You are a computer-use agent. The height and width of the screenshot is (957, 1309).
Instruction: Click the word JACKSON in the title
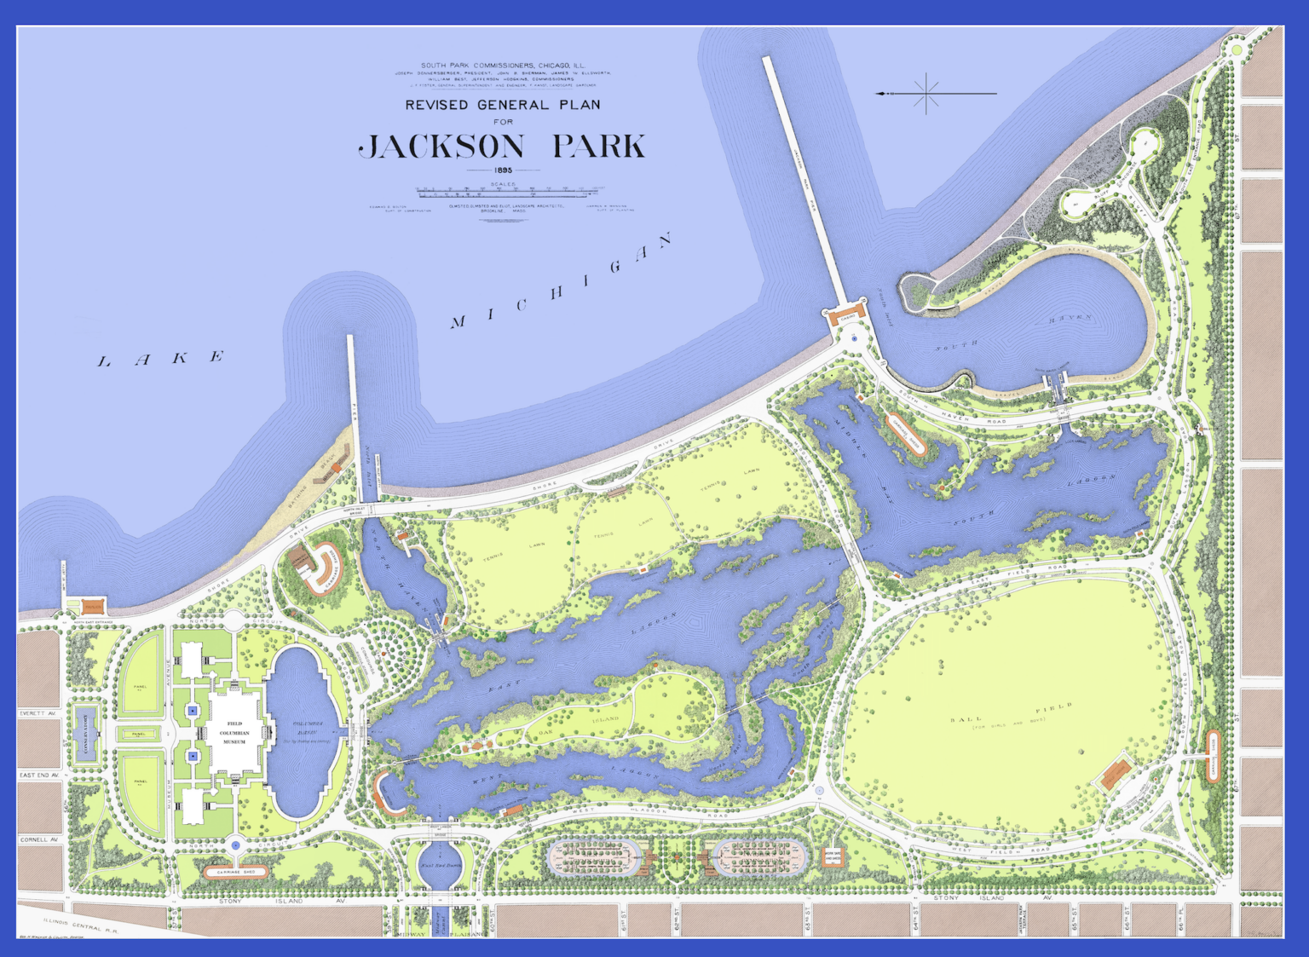coord(441,147)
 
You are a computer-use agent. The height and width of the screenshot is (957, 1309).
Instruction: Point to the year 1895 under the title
coord(503,170)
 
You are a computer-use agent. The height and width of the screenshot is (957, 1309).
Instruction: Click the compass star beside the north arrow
coord(926,93)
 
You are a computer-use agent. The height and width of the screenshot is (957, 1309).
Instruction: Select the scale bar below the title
coord(510,191)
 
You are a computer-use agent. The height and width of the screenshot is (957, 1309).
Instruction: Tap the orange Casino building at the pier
coord(846,316)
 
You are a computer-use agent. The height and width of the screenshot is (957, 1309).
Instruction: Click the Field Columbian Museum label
coord(234,732)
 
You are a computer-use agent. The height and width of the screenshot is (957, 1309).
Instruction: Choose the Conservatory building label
coord(84,734)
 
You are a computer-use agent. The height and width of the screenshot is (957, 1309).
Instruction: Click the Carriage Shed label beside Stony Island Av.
coord(236,872)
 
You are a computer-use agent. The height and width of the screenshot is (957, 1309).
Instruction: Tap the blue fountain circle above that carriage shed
coord(236,845)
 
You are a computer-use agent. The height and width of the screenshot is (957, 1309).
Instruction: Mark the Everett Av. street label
coord(38,713)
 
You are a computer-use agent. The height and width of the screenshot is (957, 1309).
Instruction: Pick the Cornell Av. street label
coord(38,839)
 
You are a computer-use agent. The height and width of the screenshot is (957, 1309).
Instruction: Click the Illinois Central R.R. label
coord(81,923)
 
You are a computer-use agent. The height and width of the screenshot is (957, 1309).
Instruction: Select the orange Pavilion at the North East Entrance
coord(92,607)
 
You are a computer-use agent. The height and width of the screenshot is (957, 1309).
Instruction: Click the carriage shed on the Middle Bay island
coord(904,431)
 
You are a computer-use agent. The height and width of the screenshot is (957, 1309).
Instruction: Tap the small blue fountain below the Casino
coord(855,338)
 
